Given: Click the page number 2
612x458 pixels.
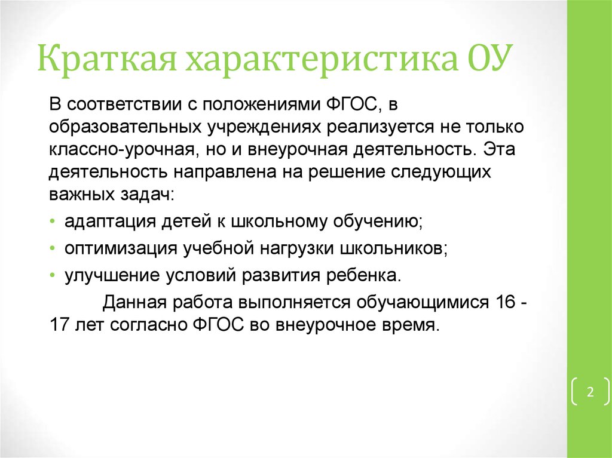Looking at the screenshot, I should tap(590, 392).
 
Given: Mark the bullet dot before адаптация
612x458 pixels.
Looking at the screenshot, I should tap(53, 221).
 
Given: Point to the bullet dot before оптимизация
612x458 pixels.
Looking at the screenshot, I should tap(53, 248).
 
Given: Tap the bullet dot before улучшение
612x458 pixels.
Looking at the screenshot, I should tap(53, 275).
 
